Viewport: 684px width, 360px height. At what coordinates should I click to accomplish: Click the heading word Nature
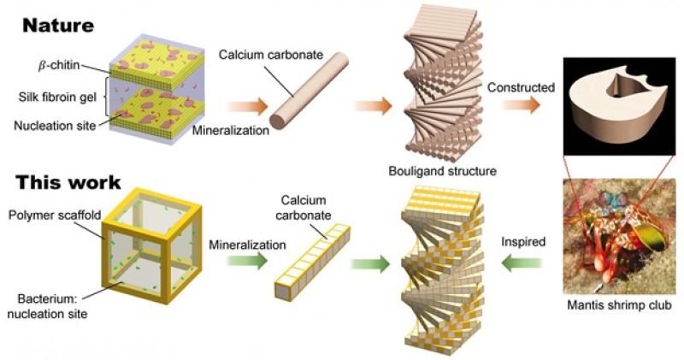(x=58, y=26)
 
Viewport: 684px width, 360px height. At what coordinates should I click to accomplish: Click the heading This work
(x=68, y=182)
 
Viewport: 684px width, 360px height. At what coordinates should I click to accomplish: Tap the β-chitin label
(x=59, y=66)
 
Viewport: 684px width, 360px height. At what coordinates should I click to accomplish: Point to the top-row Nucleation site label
(x=55, y=126)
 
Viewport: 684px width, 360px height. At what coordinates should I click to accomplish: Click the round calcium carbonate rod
(x=309, y=91)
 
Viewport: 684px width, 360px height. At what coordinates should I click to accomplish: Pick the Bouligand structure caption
(x=442, y=171)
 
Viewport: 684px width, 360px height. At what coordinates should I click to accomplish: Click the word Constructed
(x=521, y=87)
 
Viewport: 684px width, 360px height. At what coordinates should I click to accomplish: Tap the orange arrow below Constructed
(x=522, y=105)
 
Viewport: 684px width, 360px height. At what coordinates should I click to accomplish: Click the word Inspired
(x=523, y=241)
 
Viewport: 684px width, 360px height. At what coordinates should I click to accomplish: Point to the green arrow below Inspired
(x=522, y=263)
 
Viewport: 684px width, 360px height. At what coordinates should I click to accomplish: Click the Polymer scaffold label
(x=55, y=215)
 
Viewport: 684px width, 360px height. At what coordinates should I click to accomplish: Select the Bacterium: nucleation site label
(x=47, y=306)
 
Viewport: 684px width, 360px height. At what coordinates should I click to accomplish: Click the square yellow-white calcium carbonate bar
(x=312, y=262)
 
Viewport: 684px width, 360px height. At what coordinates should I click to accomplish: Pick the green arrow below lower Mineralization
(x=246, y=261)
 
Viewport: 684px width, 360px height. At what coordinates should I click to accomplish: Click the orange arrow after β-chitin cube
(x=247, y=107)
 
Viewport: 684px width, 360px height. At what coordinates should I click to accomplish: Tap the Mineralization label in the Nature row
(x=231, y=130)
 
